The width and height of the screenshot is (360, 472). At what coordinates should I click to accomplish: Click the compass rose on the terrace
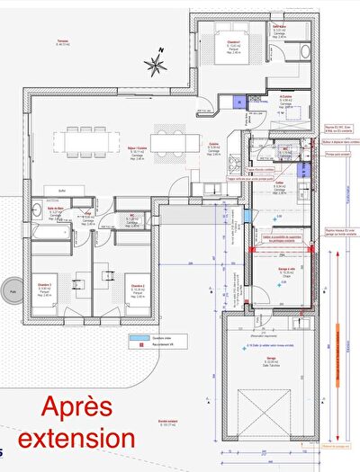click(156, 64)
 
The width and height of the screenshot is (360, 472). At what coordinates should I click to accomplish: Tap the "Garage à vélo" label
click(286, 269)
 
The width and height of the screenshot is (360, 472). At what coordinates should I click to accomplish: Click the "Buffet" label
click(62, 190)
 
